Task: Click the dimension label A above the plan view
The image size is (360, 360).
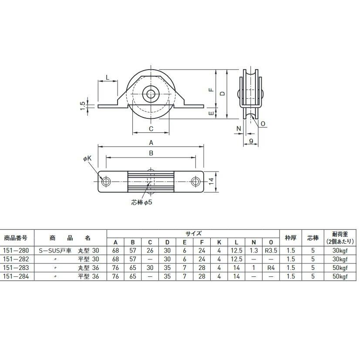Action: (x=151, y=143)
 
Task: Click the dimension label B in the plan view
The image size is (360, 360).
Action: (x=151, y=153)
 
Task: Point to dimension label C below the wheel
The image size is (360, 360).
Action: (x=151, y=129)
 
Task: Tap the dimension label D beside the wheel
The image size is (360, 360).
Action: (x=222, y=94)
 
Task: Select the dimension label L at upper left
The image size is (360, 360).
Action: (x=108, y=77)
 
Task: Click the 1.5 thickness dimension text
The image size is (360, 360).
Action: (x=83, y=106)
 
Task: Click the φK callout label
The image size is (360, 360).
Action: (x=87, y=158)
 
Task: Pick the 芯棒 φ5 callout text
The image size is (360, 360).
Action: (x=141, y=202)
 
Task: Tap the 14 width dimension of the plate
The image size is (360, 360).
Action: (x=211, y=182)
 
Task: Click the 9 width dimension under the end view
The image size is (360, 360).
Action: (x=251, y=141)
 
